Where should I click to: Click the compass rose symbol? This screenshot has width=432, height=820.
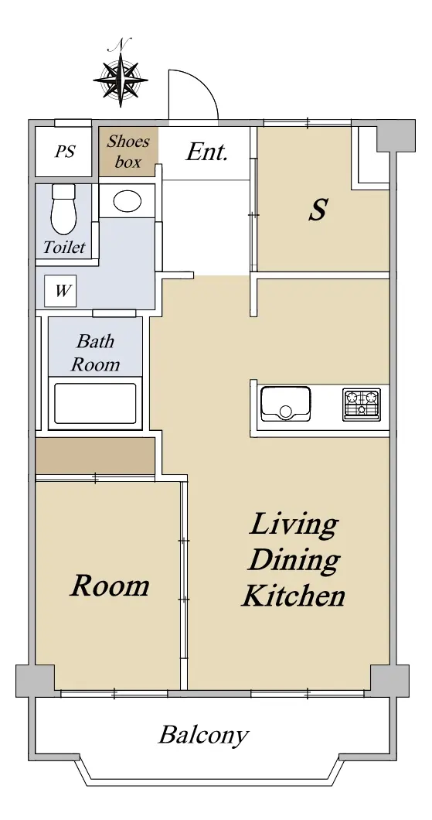click(121, 80)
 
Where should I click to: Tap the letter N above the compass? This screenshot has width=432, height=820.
click(120, 44)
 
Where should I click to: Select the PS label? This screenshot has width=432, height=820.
click(65, 152)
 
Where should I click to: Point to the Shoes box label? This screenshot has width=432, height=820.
click(128, 152)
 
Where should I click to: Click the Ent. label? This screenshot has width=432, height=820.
click(207, 152)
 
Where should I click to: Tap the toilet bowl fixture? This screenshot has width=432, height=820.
click(64, 209)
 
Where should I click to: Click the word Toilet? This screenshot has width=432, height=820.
click(64, 247)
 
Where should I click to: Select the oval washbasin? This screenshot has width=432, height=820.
click(127, 201)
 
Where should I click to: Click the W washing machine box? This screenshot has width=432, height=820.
click(60, 291)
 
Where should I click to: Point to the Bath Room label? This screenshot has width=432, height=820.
click(95, 353)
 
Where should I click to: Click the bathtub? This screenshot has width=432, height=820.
click(95, 403)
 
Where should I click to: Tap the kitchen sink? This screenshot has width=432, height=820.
click(286, 404)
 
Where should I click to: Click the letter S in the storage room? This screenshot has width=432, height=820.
click(318, 210)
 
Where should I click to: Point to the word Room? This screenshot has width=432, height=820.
click(110, 586)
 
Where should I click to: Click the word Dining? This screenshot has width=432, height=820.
click(294, 561)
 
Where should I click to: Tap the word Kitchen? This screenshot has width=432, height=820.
click(293, 596)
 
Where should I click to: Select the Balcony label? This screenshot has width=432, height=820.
click(202, 735)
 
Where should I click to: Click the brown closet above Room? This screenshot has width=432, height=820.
click(95, 456)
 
